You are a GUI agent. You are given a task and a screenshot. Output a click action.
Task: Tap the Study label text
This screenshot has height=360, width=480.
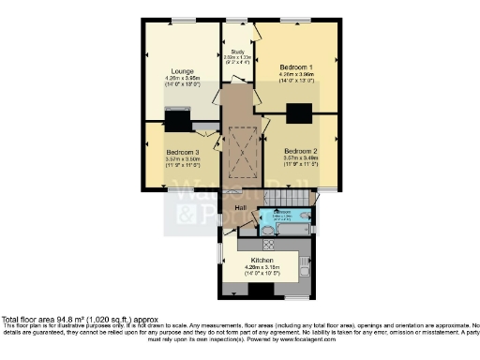pyautogui.click(x=238, y=52)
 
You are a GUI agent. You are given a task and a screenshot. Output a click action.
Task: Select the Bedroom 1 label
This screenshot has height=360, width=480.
pyautogui.click(x=297, y=68)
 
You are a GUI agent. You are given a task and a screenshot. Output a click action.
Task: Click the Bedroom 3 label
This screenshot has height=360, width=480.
pyautogui.click(x=182, y=152)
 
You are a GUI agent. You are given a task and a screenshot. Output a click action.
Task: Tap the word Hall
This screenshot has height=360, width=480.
pyautogui.click(x=240, y=207)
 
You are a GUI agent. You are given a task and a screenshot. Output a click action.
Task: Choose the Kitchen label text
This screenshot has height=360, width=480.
pyautogui.click(x=262, y=261)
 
